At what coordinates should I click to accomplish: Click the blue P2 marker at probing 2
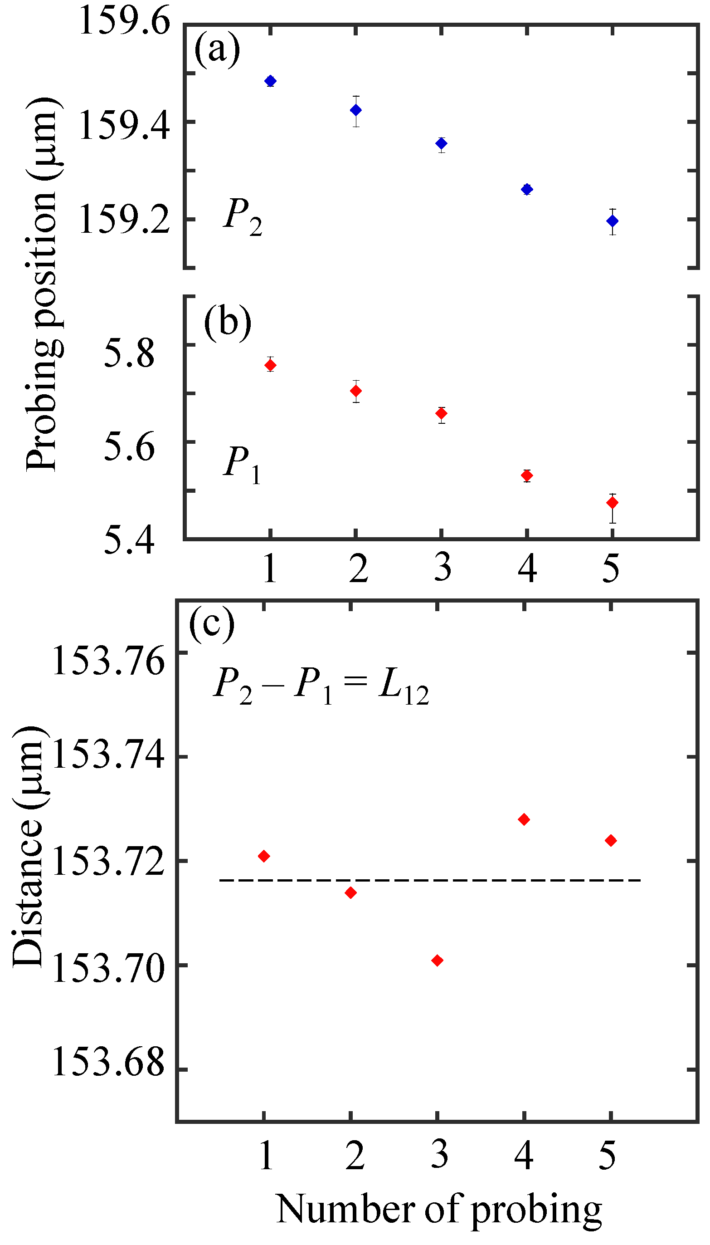click(356, 110)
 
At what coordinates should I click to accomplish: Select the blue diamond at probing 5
click(613, 221)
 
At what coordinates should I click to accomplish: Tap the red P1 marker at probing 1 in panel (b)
click(270, 365)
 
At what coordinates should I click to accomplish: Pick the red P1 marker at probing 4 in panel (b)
click(527, 475)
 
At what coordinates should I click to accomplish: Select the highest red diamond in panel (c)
click(524, 819)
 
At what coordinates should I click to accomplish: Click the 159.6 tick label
click(124, 21)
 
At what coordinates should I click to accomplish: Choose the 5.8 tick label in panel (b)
click(129, 354)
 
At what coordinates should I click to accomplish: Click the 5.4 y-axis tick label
click(129, 540)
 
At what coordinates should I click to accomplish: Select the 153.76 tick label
click(108, 662)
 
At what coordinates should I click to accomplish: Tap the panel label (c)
click(212, 624)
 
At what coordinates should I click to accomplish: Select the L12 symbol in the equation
click(404, 686)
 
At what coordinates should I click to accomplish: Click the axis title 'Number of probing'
click(439, 1209)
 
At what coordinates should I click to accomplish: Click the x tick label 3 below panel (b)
click(442, 568)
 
